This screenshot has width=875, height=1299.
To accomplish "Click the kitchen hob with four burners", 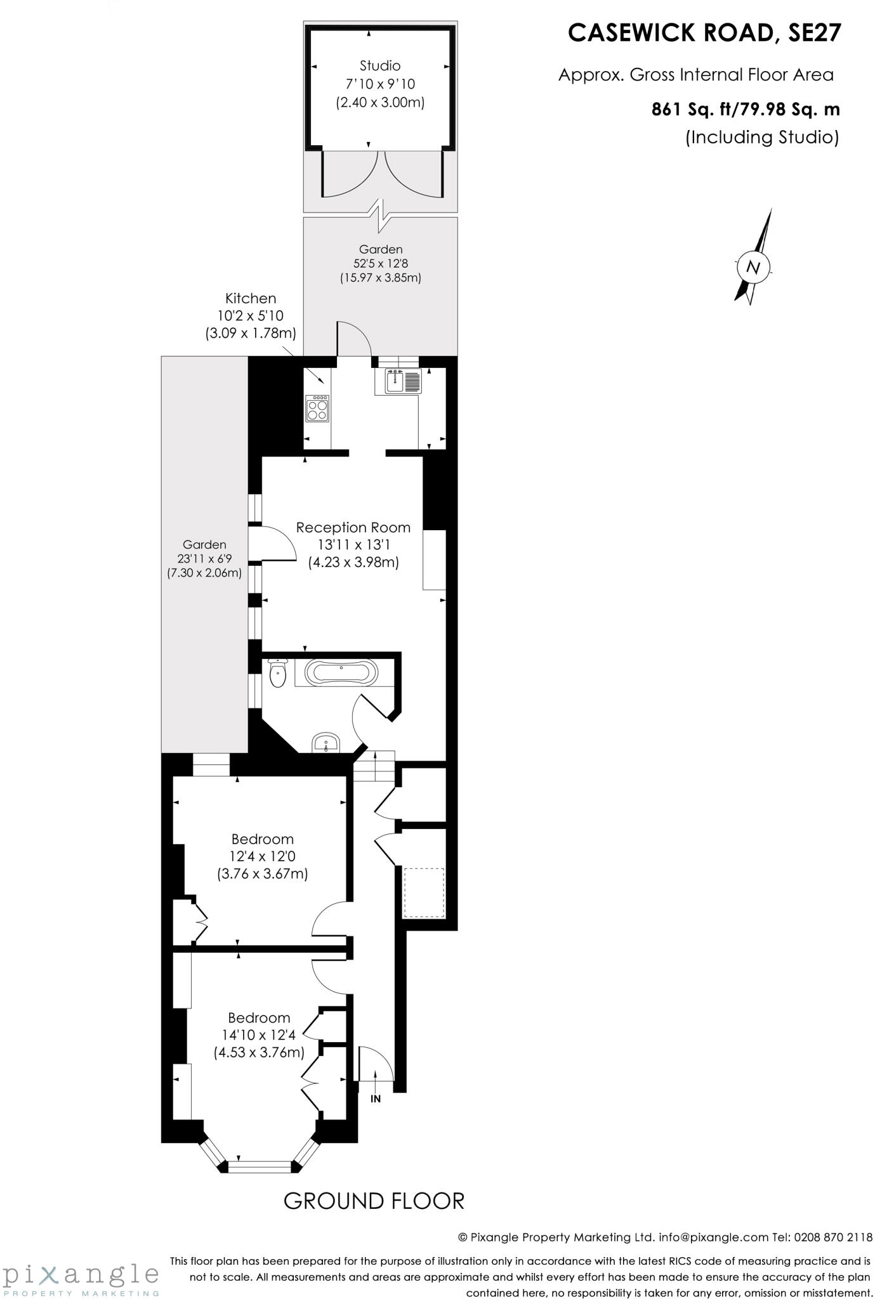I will (317, 408).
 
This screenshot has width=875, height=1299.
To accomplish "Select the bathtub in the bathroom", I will (341, 672).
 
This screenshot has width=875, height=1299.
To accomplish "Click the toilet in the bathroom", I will (278, 674).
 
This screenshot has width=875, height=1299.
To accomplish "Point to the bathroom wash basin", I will (326, 743).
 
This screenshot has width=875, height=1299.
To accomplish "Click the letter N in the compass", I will (754, 266).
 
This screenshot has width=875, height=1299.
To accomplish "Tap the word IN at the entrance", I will (376, 1099).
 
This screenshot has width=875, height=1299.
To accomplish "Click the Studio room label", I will (380, 65).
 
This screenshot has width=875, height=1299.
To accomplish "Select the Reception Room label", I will (353, 527).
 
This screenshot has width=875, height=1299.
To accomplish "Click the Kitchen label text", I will (251, 298).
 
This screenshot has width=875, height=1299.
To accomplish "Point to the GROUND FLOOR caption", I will (374, 1201).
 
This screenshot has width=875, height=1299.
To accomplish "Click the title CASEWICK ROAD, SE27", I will (704, 33).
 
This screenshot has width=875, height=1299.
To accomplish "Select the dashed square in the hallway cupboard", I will (424, 892).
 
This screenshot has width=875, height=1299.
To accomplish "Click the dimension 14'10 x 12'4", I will (259, 1035).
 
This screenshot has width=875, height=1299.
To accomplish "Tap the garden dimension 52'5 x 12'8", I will (381, 263).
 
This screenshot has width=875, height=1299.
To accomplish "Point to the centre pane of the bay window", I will (259, 1165).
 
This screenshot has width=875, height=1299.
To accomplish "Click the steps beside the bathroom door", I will (374, 767).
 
